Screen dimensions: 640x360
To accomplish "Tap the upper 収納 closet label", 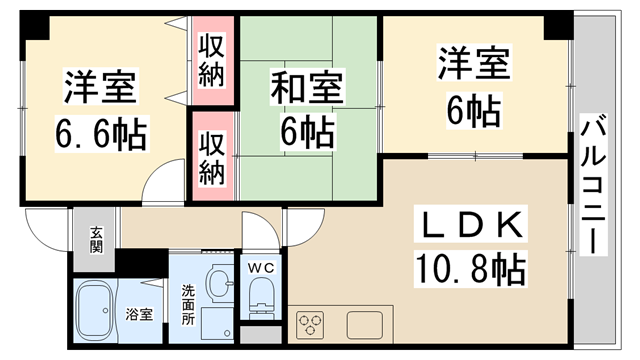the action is [210, 61].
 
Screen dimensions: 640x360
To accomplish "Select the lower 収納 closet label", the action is [210, 159].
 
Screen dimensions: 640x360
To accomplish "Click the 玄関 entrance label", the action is [96, 240].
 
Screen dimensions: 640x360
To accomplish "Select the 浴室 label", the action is [139, 314].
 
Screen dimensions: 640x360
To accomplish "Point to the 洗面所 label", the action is [187, 302].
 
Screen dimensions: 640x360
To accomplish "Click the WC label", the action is [259, 268].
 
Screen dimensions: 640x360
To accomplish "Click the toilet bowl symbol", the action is [259, 298].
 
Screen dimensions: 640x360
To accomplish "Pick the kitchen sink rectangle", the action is [367, 325].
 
